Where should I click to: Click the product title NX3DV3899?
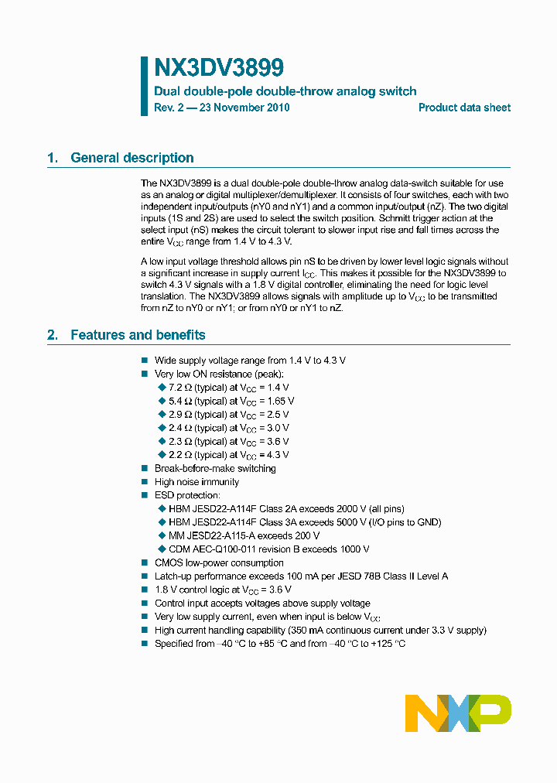[208, 67]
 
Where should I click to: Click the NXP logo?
[458, 713]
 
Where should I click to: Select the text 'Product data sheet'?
[464, 108]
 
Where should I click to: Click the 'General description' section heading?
[132, 158]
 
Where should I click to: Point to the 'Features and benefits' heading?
[138, 335]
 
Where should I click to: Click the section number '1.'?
[53, 158]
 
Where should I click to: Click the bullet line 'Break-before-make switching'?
[215, 468]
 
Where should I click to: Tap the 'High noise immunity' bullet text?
[196, 482]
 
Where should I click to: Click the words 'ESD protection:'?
[187, 495]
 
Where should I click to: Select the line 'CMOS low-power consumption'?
[219, 562]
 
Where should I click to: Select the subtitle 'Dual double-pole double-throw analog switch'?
[285, 91]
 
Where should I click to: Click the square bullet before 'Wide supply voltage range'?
[144, 361]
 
